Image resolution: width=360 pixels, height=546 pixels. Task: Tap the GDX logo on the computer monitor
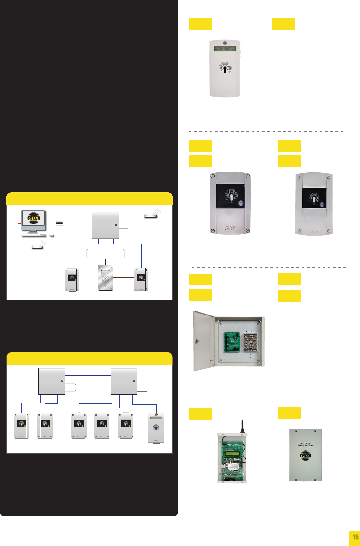tap(33, 218)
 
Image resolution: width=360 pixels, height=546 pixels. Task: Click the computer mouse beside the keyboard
tap(51, 235)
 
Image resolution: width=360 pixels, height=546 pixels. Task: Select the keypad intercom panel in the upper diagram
tap(105, 278)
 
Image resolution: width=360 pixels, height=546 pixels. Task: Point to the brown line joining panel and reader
tap(124, 278)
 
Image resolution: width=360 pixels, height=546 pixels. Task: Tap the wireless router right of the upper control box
tap(150, 215)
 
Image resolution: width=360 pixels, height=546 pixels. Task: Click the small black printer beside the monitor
tap(59, 223)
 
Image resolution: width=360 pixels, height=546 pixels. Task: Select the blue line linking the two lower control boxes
tap(88, 375)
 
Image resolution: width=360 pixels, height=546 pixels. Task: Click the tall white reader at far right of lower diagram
tap(156, 428)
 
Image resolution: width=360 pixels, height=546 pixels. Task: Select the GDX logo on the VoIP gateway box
tap(306, 456)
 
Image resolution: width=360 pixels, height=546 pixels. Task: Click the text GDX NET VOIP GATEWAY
tap(306, 444)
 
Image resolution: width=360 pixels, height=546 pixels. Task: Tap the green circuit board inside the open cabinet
tap(232, 342)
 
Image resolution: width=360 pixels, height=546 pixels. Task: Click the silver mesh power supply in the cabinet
tap(250, 342)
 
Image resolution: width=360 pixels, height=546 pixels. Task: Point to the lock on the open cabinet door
tap(197, 341)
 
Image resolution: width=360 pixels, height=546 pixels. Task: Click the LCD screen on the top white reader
tap(225, 49)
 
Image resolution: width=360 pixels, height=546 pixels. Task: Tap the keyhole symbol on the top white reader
tap(225, 68)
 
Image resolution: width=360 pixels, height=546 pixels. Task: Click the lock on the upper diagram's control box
tap(116, 225)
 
